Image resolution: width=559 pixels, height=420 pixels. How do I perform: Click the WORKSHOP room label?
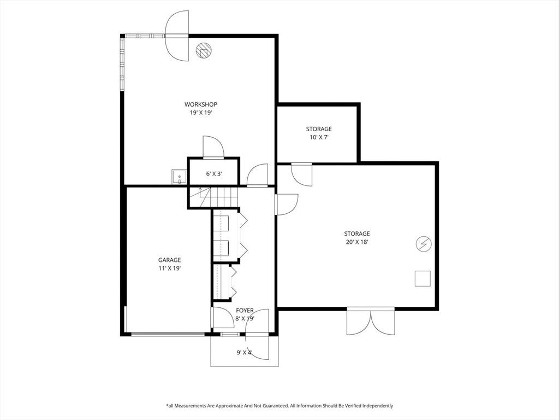point(201,104)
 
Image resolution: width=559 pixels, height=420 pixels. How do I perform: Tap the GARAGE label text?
point(169,260)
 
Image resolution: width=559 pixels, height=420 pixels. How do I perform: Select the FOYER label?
point(245,311)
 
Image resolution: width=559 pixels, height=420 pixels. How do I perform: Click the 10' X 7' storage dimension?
point(319,137)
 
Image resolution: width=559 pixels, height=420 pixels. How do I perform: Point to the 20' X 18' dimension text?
point(357,242)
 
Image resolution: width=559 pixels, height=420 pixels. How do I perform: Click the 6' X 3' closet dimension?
point(214,174)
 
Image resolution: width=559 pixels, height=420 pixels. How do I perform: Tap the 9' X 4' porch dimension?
point(245,353)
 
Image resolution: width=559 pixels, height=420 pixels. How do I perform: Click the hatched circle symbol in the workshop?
point(204,50)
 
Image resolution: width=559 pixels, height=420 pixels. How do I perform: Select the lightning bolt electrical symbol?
point(424,244)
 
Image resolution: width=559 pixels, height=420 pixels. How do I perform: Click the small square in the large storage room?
point(423,278)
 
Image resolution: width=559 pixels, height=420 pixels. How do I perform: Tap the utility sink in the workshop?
point(179,177)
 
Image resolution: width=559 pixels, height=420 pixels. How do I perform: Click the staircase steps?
point(213,197)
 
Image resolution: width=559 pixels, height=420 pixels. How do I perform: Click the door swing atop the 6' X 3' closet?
point(213,147)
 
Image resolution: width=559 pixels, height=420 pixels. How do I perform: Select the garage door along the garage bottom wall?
point(168,334)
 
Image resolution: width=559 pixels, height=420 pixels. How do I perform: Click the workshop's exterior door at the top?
point(177,36)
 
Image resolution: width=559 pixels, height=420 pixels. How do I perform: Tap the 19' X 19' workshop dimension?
point(201,113)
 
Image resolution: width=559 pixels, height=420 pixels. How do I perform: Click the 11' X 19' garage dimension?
point(169,268)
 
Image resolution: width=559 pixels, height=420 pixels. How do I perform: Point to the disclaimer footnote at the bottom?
point(279,405)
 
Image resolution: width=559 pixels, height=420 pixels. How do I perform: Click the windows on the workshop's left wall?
point(122,63)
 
